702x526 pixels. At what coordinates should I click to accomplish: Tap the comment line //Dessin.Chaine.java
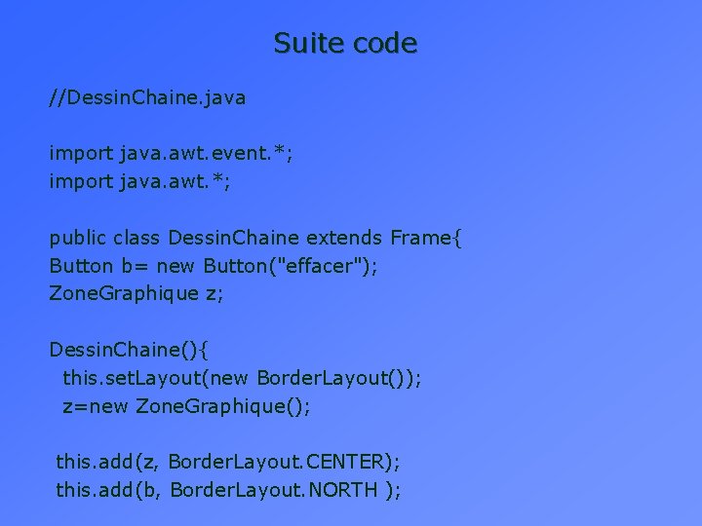(148, 97)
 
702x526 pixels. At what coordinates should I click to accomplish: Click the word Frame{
(427, 238)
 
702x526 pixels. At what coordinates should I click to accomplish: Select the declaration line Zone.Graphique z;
(136, 294)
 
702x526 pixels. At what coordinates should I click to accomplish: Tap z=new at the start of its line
(95, 406)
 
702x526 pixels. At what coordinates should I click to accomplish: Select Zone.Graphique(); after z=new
(223, 406)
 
